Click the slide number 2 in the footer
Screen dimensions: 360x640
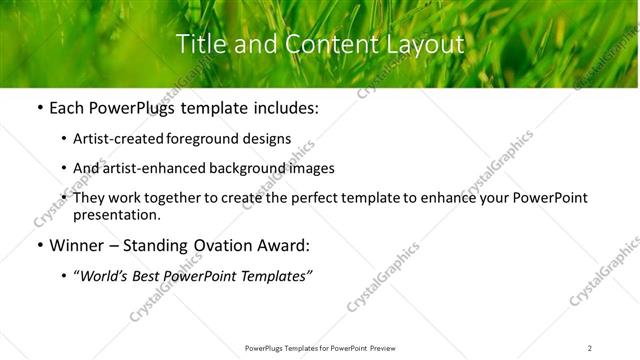pyautogui.click(x=590, y=347)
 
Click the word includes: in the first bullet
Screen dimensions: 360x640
pyautogui.click(x=285, y=108)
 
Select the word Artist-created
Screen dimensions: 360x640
pyautogui.click(x=117, y=139)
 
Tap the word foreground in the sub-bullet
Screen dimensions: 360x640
pyautogui.click(x=209, y=139)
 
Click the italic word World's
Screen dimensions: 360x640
pyautogui.click(x=104, y=276)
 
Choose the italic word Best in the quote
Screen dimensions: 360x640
pyautogui.click(x=152, y=276)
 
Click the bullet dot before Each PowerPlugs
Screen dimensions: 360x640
pyautogui.click(x=39, y=108)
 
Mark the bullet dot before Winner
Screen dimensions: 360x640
pyautogui.click(x=39, y=245)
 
